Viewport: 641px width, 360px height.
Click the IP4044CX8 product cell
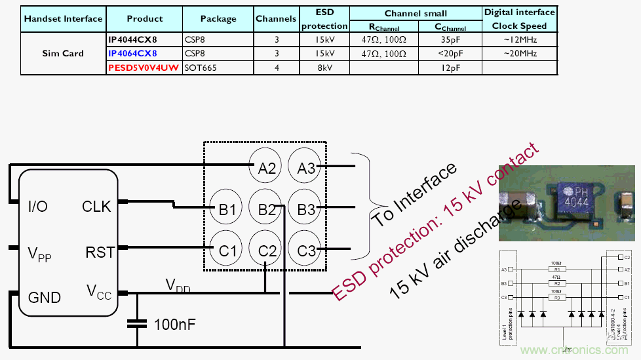pyautogui.click(x=132, y=39)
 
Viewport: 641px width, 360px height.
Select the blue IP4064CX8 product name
pyautogui.click(x=132, y=53)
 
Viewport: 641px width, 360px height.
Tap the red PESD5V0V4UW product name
pyautogui.click(x=144, y=68)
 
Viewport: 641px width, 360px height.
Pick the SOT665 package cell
pyautogui.click(x=201, y=68)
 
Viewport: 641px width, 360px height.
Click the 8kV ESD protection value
pyautogui.click(x=324, y=68)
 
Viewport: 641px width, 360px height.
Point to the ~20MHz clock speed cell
pyautogui.click(x=519, y=53)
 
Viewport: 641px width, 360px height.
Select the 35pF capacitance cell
pyautogui.click(x=450, y=39)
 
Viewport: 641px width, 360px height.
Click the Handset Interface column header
pyautogui.click(x=63, y=18)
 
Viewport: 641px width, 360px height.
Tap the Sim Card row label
pyautogui.click(x=63, y=53)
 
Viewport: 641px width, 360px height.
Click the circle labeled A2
pyautogui.click(x=267, y=168)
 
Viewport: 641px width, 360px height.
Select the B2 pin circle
pyautogui.click(x=267, y=210)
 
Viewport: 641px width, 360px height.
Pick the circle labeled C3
pyautogui.click(x=307, y=250)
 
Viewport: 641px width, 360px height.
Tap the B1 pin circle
pyautogui.click(x=227, y=210)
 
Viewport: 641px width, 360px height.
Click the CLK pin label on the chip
pyautogui.click(x=96, y=207)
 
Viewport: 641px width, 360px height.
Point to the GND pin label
pyautogui.click(x=44, y=298)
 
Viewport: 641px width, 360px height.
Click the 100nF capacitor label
pyautogui.click(x=175, y=324)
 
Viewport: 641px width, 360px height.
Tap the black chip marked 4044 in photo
pyautogui.click(x=573, y=194)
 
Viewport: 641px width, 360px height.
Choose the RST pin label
pyautogui.click(x=100, y=252)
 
